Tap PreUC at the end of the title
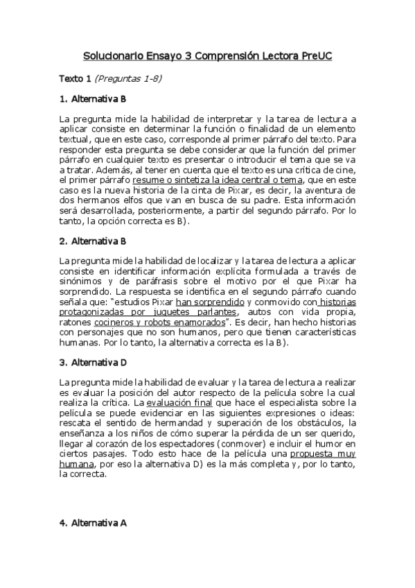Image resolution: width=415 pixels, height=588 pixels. click(x=317, y=55)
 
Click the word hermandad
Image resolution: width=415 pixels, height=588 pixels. click(x=175, y=422)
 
